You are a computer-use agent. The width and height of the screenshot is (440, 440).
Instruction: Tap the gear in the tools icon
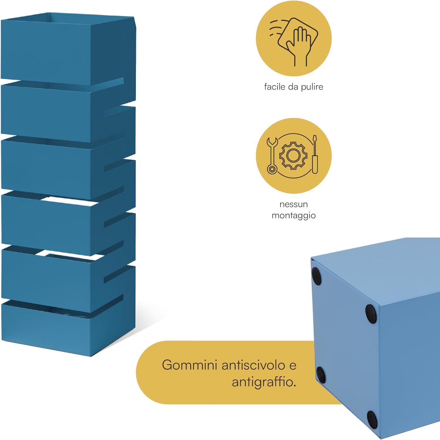(293, 155)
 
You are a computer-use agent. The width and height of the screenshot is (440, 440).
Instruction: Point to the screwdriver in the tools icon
(315, 154)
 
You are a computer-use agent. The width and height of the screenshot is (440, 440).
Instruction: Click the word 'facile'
(275, 87)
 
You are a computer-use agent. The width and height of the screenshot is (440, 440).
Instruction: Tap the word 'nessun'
(294, 204)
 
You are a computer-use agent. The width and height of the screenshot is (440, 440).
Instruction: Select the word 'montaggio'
(294, 216)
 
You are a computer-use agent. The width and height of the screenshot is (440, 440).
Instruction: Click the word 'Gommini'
(190, 365)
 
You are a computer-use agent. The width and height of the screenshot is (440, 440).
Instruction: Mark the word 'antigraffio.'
(264, 382)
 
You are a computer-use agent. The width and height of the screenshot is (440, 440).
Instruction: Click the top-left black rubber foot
(316, 276)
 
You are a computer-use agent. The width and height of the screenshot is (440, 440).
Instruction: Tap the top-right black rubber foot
(371, 314)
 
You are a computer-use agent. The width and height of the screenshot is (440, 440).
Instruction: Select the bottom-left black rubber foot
(321, 375)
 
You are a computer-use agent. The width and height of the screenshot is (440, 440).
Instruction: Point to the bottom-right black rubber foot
(372, 419)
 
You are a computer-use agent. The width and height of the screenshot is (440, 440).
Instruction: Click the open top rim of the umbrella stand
(68, 21)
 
